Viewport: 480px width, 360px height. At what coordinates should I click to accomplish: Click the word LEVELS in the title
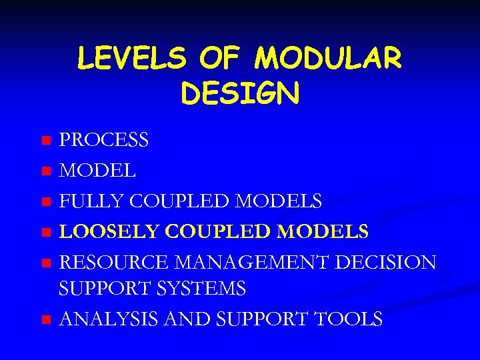tap(131, 59)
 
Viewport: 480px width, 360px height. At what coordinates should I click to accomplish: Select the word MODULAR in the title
tap(329, 59)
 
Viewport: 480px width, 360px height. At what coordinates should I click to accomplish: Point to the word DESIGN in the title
tap(240, 94)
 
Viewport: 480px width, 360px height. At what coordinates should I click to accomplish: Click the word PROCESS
tap(104, 141)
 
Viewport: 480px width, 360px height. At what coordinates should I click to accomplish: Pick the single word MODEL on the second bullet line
tap(98, 171)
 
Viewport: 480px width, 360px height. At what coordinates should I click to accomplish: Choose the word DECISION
tap(386, 262)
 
